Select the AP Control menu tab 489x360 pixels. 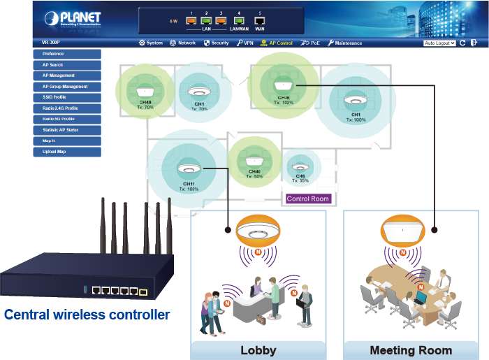coord(276,43)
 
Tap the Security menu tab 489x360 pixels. coord(216,43)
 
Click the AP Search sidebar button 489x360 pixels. coord(67,65)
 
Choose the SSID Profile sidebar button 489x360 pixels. coord(67,97)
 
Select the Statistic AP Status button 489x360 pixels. coord(67,130)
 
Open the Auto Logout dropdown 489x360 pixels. coord(439,43)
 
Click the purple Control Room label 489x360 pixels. coord(308,199)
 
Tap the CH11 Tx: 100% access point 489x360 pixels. coord(188,168)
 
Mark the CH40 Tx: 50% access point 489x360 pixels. coord(254,157)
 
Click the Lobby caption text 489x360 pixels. coord(258,350)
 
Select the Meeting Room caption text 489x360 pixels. coord(411,350)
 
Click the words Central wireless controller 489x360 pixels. coord(87,315)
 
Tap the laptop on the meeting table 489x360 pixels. coord(421,299)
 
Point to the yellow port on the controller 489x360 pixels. coord(143,291)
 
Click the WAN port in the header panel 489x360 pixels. coord(260,20)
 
